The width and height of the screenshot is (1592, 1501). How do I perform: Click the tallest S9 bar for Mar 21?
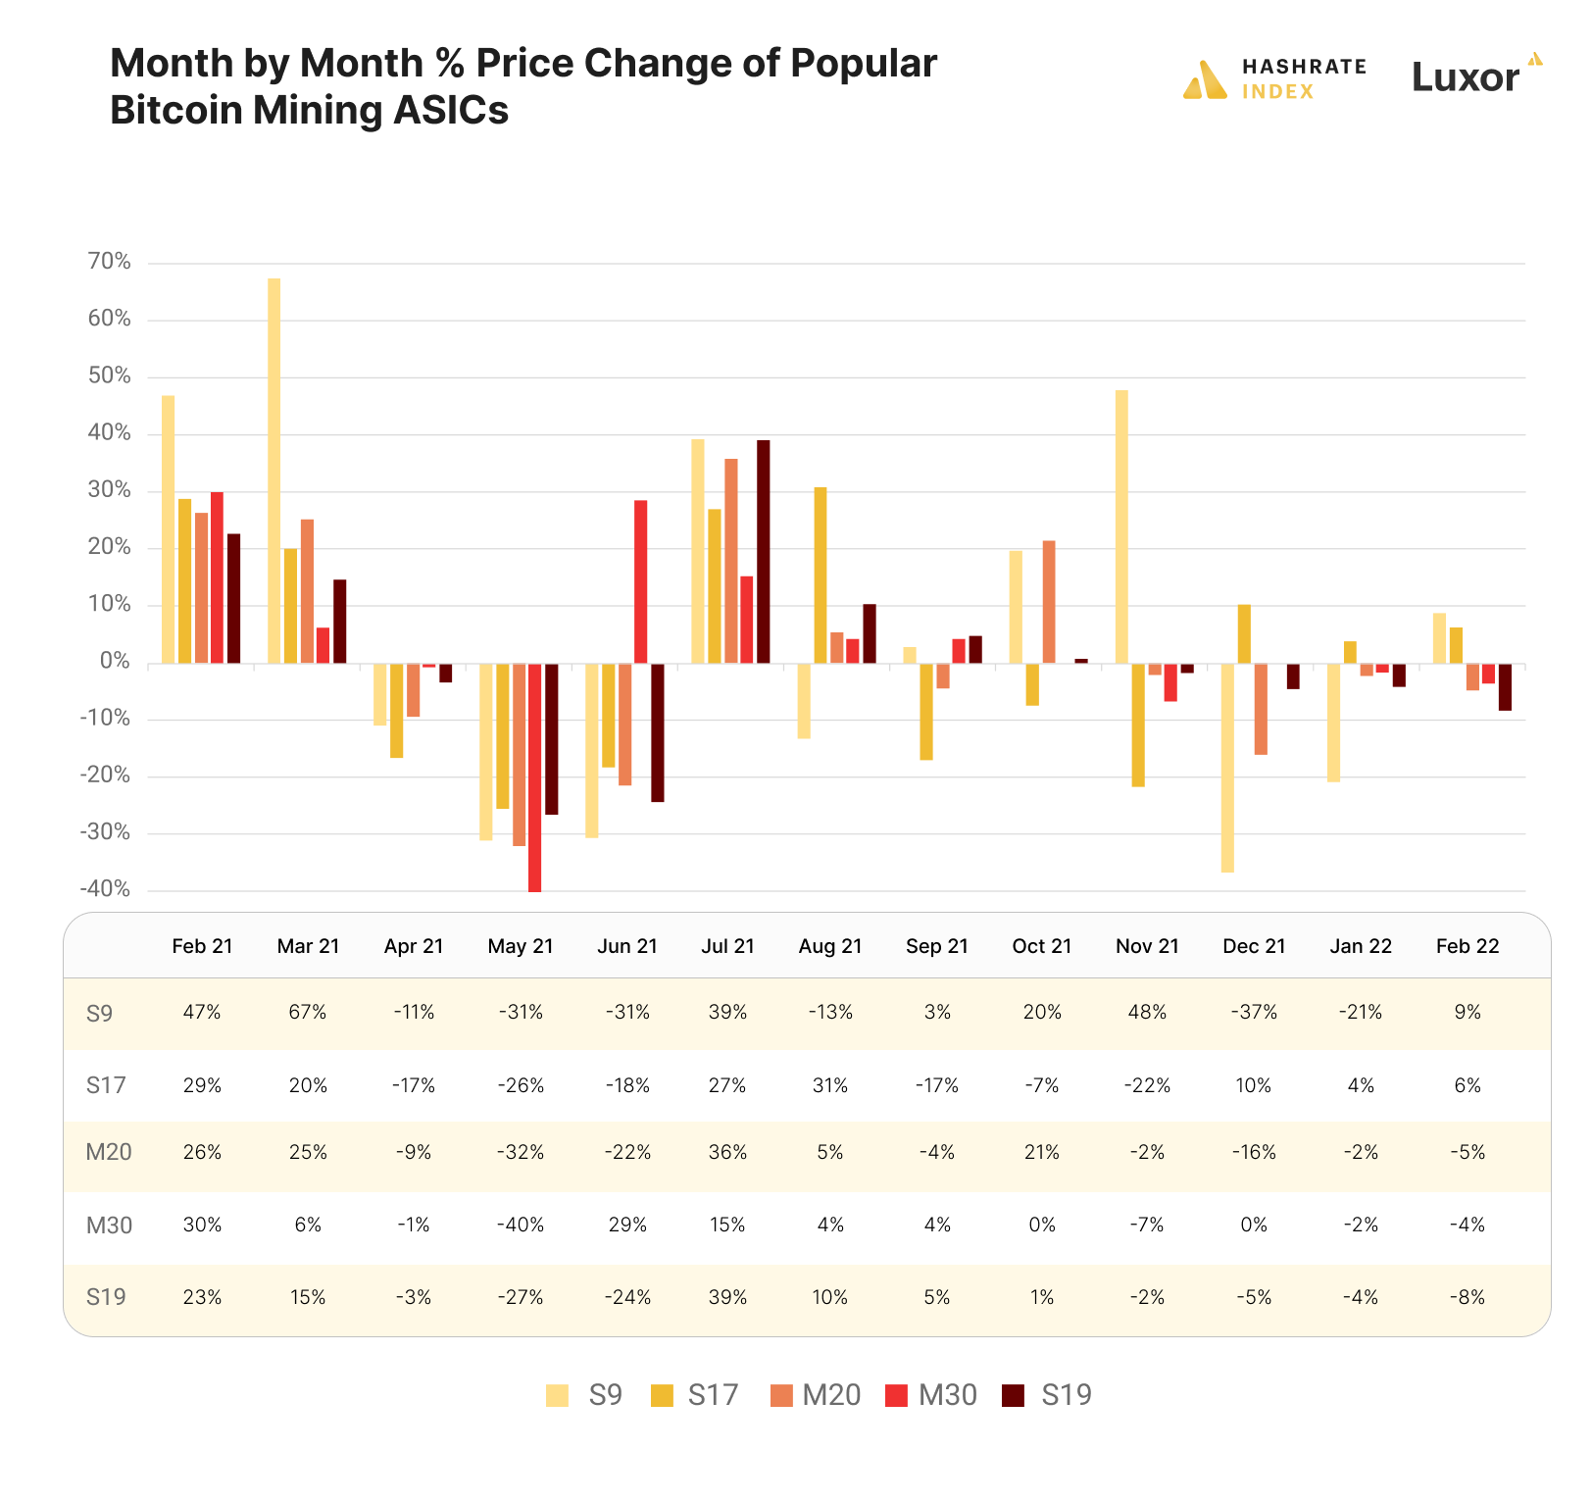click(x=274, y=471)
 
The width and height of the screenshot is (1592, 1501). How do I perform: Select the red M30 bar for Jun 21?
click(x=640, y=582)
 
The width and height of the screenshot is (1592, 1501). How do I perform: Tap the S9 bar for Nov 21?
click(x=1121, y=526)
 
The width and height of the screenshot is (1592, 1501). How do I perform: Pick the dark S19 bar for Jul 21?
click(x=763, y=552)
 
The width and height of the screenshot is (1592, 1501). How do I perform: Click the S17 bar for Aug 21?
click(x=821, y=575)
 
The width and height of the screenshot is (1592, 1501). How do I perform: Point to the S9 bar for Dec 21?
click(x=1227, y=768)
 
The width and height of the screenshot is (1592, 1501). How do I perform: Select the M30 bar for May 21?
click(x=534, y=777)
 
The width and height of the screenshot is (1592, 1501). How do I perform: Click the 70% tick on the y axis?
click(x=109, y=262)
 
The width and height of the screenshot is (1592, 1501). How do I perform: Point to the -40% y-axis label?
click(x=105, y=889)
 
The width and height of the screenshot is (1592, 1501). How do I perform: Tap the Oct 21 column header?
click(x=1041, y=946)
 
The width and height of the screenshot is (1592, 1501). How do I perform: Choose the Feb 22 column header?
click(x=1467, y=946)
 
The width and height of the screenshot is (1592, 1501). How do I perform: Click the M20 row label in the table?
click(x=108, y=1152)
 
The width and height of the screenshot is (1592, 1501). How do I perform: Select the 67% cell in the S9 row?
click(x=308, y=1013)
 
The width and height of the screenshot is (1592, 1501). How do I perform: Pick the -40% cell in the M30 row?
click(x=520, y=1225)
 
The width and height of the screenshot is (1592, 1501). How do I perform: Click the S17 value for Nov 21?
click(x=1147, y=1085)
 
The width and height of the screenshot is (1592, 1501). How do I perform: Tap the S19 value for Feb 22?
click(x=1467, y=1297)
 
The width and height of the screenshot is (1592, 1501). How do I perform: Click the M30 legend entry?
click(x=930, y=1395)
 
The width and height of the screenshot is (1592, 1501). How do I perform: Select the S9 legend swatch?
click(x=557, y=1395)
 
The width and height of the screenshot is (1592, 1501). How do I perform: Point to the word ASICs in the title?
click(x=451, y=110)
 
